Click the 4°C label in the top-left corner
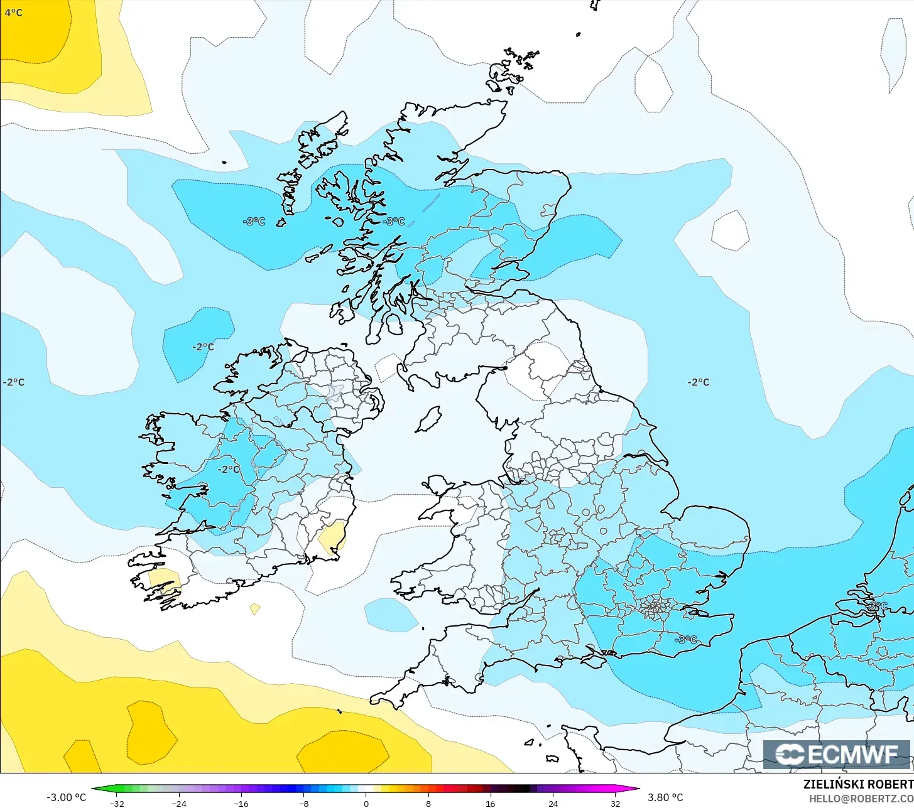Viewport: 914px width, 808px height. pyautogui.click(x=13, y=12)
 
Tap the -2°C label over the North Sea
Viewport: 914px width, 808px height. pyautogui.click(x=698, y=382)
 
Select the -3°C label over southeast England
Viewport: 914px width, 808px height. pyautogui.click(x=685, y=639)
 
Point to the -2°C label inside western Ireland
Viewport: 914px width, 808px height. pyautogui.click(x=228, y=469)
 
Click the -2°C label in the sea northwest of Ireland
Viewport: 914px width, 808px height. pyautogui.click(x=203, y=347)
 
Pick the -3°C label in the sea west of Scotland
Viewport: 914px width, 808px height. pyautogui.click(x=254, y=221)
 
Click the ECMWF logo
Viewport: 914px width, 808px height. pyautogui.click(x=837, y=754)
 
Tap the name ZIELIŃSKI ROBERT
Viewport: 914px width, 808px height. pyautogui.click(x=858, y=784)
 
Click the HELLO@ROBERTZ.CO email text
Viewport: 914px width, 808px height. pyautogui.click(x=861, y=799)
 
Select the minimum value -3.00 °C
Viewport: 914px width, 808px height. pyautogui.click(x=66, y=797)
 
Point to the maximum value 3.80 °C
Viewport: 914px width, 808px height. pyautogui.click(x=665, y=797)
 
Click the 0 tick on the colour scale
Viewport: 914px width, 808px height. pyautogui.click(x=366, y=803)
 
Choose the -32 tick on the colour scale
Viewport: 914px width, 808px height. pyautogui.click(x=116, y=803)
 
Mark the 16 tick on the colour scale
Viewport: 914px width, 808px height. pyautogui.click(x=491, y=803)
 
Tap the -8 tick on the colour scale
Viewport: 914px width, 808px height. pyautogui.click(x=304, y=803)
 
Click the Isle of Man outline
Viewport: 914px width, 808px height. pyautogui.click(x=428, y=419)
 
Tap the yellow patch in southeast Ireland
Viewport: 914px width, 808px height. pyautogui.click(x=332, y=537)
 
